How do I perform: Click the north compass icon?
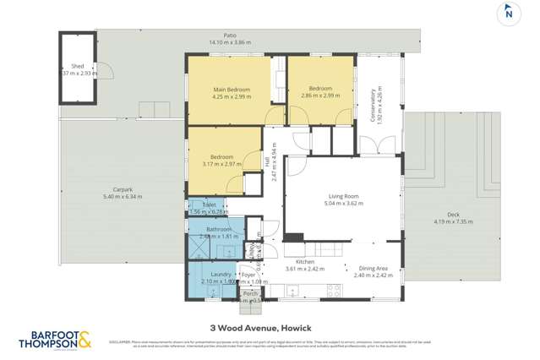[508, 13]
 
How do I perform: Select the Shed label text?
[78, 66]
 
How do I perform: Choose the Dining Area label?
[373, 268]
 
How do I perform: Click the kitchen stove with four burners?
[334, 290]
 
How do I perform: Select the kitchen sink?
[293, 292]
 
